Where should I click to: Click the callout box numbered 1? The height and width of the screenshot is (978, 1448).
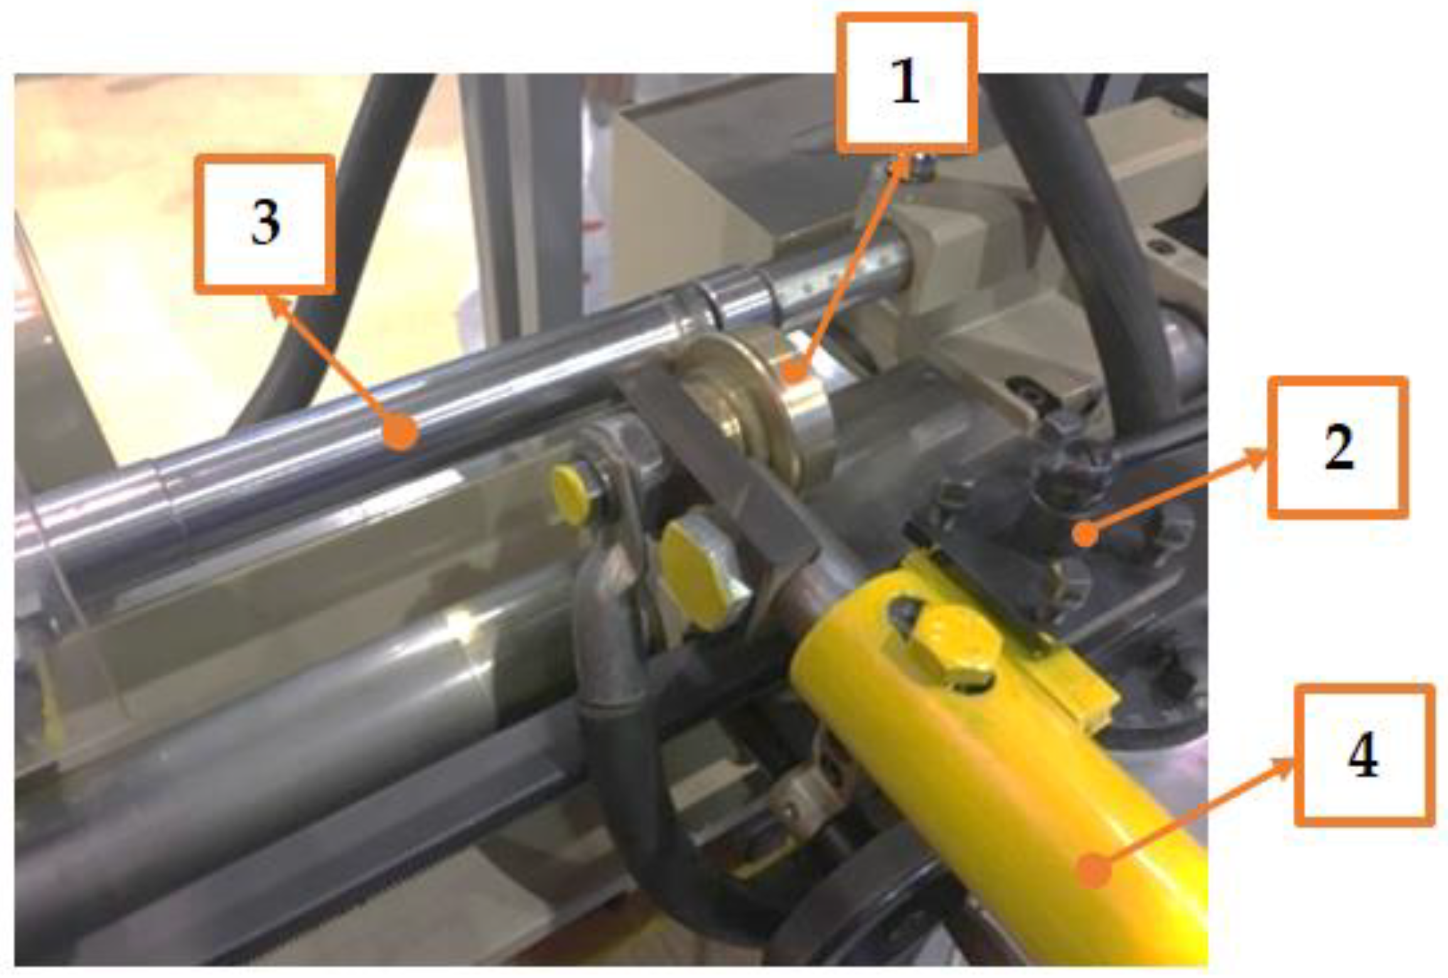906,83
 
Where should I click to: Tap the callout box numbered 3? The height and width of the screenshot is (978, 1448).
264,225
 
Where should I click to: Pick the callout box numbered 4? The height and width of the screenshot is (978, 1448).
1364,755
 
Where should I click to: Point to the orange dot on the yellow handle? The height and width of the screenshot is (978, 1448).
1093,871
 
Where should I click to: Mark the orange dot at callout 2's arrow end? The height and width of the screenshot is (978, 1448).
1085,533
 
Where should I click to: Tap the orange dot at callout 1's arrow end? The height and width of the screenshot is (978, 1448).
794,372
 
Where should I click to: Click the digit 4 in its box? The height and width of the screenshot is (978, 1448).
1363,755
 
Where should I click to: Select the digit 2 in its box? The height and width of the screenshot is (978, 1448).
1338,447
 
